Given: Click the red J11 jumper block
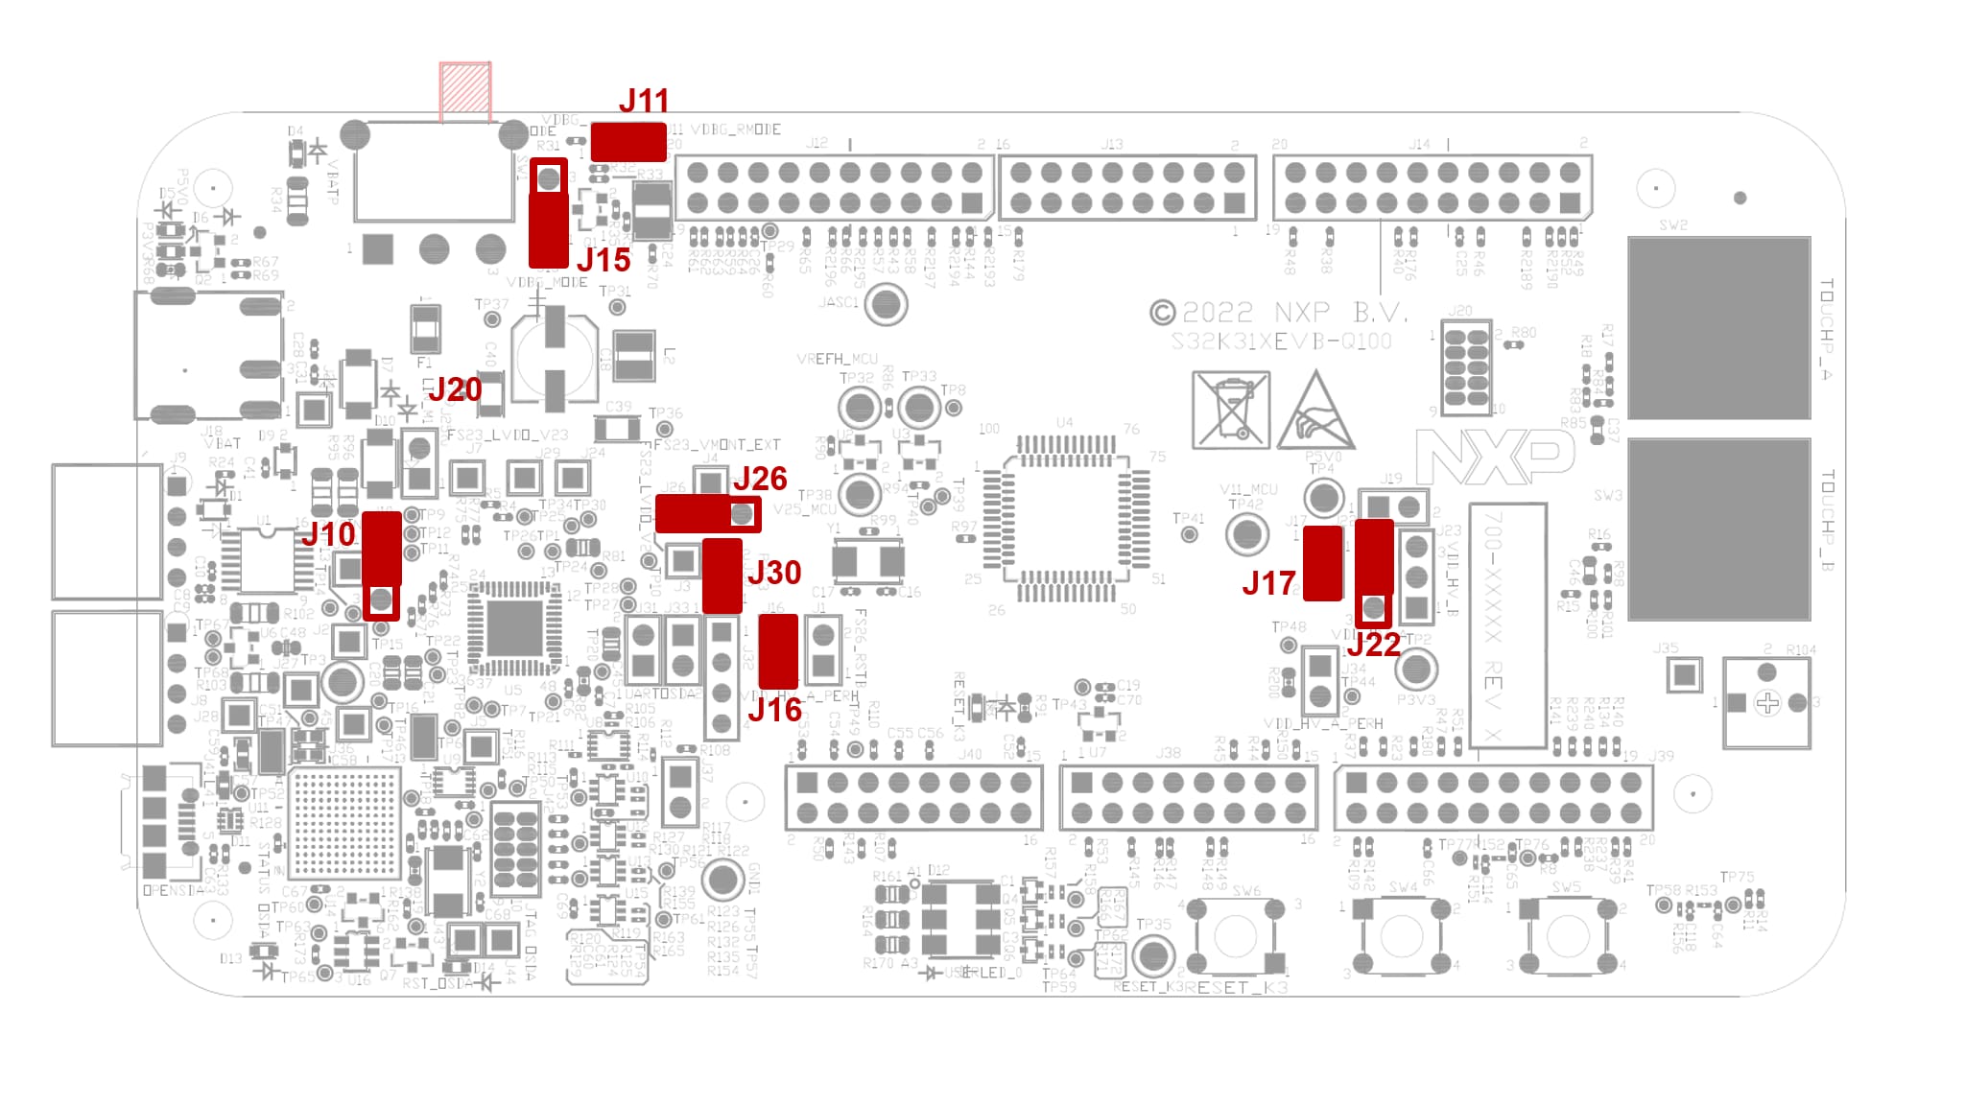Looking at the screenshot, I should [x=628, y=142].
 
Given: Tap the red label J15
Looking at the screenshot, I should [x=604, y=260].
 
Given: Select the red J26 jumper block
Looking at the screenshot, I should [x=707, y=514].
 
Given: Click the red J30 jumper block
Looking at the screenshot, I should [x=722, y=576].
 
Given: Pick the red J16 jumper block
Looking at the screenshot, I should [x=778, y=651].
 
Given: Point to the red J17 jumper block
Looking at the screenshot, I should [x=1323, y=563].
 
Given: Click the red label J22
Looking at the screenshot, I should [x=1374, y=645].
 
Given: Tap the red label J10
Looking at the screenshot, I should [x=328, y=534].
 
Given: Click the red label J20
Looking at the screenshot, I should [x=454, y=389].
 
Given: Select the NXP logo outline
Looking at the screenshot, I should [x=1495, y=458].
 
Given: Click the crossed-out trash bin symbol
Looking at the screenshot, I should [x=1230, y=410].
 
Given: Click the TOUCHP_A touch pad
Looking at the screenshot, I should [x=1718, y=327].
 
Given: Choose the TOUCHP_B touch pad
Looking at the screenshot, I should [x=1718, y=529].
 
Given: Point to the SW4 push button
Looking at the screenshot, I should [x=1402, y=936].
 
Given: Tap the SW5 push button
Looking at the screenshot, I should [x=1566, y=936].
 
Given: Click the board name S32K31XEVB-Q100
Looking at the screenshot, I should [x=1281, y=342].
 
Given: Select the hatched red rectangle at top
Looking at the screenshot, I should [x=465, y=92].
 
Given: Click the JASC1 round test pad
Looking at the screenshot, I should [x=885, y=306].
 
